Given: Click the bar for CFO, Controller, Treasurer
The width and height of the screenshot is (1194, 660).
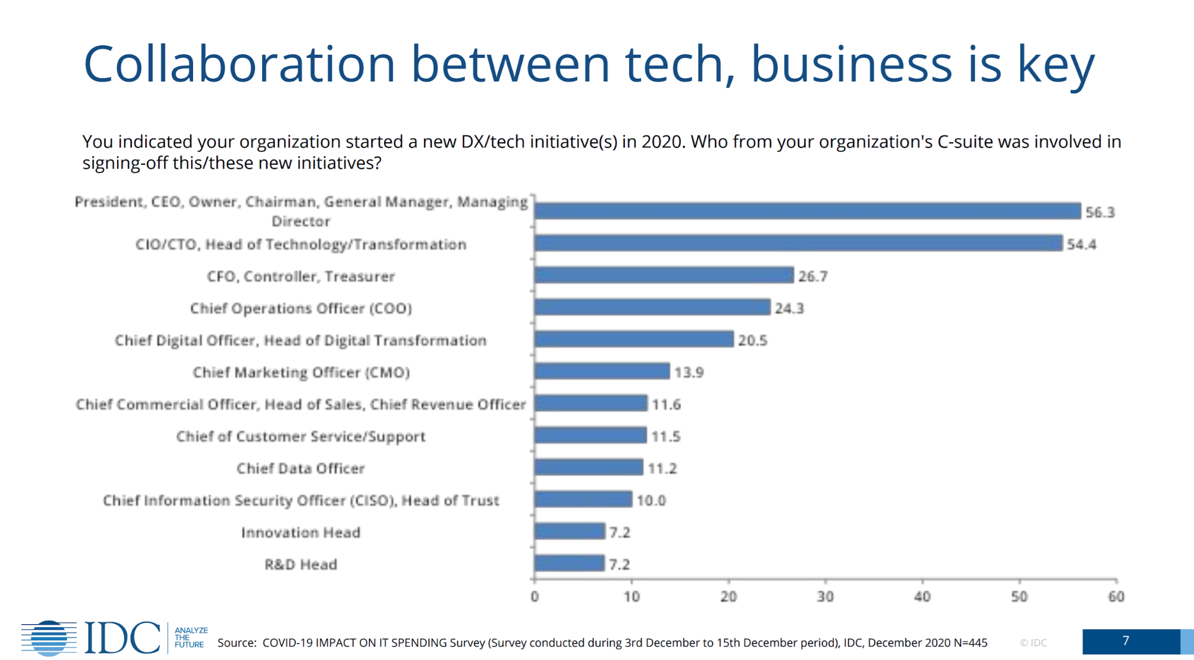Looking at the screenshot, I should click(x=664, y=275).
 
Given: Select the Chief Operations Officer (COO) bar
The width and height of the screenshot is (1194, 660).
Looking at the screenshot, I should click(x=652, y=308).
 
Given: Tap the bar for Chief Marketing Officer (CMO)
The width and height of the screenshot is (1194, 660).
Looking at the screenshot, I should click(x=602, y=372).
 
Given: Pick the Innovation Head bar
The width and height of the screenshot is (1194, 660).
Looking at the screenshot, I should click(x=570, y=531).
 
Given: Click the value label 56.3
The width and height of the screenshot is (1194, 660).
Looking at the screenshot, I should click(x=1100, y=213).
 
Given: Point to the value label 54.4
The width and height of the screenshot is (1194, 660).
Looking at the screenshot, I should click(x=1081, y=244).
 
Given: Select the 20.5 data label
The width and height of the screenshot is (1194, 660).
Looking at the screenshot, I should click(x=752, y=340).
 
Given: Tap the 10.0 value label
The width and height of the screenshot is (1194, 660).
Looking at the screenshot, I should click(x=650, y=501).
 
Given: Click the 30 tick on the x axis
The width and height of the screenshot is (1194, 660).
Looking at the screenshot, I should click(x=825, y=597).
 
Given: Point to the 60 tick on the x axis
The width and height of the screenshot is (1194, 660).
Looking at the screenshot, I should click(x=1116, y=597).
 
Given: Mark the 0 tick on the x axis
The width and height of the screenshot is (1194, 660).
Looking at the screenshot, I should click(x=535, y=597).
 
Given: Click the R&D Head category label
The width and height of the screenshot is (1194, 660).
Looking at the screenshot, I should click(x=300, y=564).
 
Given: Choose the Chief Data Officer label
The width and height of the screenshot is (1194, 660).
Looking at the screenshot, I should click(x=300, y=468).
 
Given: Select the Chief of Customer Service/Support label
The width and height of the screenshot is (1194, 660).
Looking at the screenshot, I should click(x=300, y=437).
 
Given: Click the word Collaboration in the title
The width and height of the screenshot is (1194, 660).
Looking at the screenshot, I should click(x=239, y=64).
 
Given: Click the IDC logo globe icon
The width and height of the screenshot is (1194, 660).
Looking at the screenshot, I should click(x=49, y=638).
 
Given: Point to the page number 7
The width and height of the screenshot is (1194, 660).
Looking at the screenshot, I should click(x=1125, y=641).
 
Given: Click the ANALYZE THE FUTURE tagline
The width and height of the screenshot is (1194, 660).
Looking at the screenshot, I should click(x=191, y=637).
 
